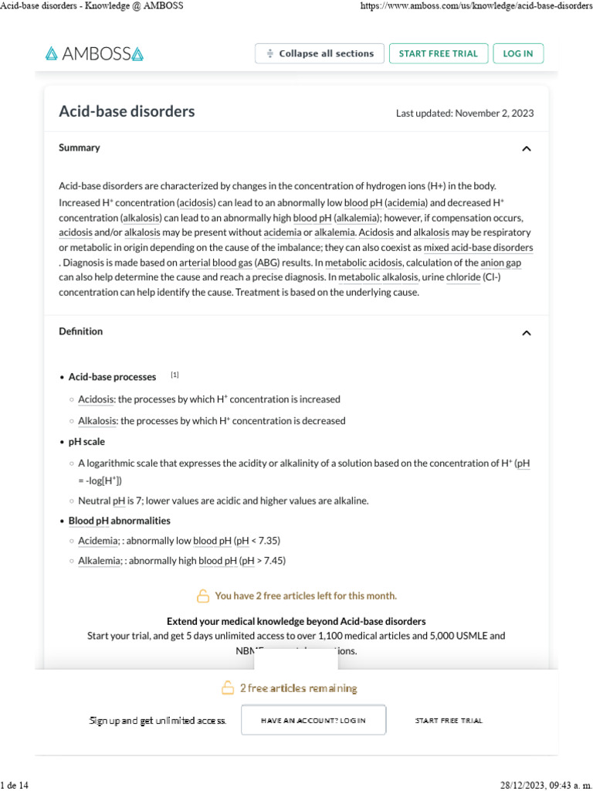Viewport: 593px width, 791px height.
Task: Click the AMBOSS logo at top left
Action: click(x=94, y=54)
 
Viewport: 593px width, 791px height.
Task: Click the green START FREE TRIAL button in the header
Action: click(x=439, y=53)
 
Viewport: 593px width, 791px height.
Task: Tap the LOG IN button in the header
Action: click(x=518, y=53)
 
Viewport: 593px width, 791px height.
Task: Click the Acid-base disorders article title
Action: click(x=127, y=111)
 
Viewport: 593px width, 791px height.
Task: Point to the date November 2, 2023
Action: click(x=494, y=114)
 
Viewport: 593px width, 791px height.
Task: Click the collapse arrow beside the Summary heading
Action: click(x=527, y=148)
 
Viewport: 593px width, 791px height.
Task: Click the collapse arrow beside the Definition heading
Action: click(x=527, y=333)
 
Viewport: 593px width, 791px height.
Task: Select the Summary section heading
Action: click(x=80, y=148)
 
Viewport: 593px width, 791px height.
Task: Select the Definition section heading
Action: click(x=81, y=331)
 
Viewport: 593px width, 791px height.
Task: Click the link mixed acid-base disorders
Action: click(x=478, y=248)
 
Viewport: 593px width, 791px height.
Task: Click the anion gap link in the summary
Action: click(x=501, y=263)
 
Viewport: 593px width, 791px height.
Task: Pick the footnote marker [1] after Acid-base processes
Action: click(x=175, y=375)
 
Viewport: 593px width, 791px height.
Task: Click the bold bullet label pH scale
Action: click(x=86, y=442)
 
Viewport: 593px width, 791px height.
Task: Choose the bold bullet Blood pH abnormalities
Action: click(x=120, y=521)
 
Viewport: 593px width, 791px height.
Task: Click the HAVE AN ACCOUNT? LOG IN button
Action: click(x=313, y=720)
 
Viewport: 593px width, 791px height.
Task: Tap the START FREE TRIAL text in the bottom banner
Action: click(x=449, y=720)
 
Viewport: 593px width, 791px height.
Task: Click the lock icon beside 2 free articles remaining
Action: click(x=228, y=687)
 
